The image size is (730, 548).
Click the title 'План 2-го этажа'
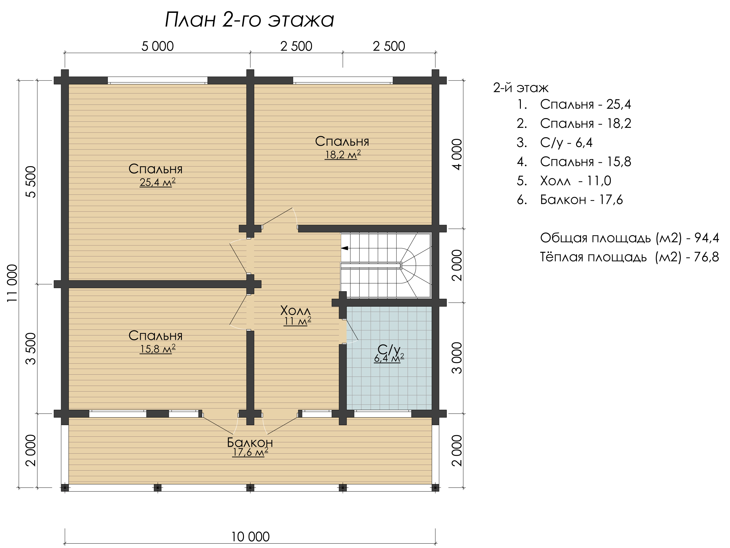tap(250, 20)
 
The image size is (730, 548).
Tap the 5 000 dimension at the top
tap(157, 46)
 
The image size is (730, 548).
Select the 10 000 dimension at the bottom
tap(250, 537)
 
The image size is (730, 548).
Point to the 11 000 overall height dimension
tap(12, 283)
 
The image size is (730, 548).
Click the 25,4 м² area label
tap(157, 182)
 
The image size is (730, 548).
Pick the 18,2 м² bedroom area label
tap(342, 155)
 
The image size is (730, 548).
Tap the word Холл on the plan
tap(295, 310)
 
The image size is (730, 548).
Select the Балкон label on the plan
tap(250, 442)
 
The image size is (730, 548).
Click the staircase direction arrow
tap(345, 248)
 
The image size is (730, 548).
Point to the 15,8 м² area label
tap(157, 349)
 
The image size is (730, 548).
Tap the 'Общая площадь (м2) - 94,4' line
tap(629, 238)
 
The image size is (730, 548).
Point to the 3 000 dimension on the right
tap(457, 358)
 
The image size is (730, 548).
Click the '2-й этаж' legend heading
tap(521, 88)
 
